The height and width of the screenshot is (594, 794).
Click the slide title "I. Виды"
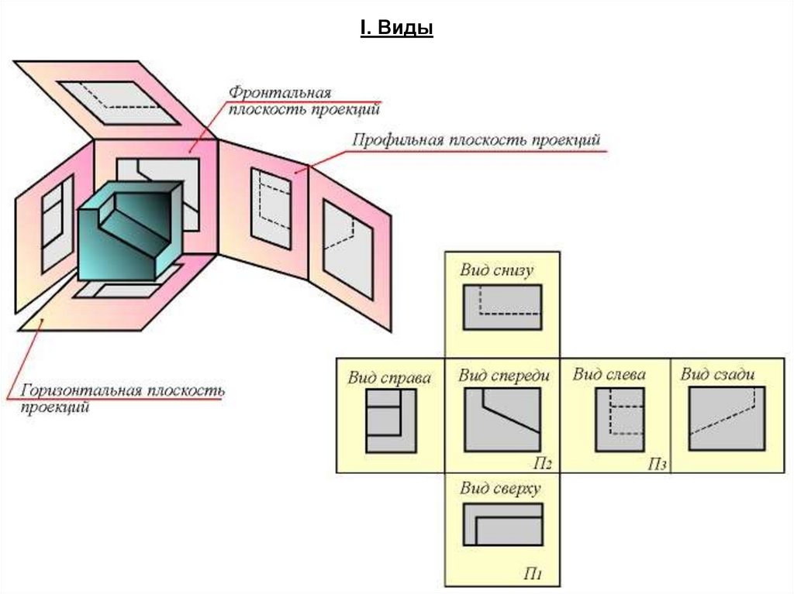[x=396, y=29]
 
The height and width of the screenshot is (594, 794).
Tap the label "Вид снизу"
[x=497, y=270]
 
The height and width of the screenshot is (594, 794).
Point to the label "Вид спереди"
[x=504, y=376]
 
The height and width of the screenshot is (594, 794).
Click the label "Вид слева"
[x=609, y=375]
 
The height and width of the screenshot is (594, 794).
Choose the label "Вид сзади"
[x=717, y=375]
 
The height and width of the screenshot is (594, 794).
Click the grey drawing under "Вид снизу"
[x=502, y=308]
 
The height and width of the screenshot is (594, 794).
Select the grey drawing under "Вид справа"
[x=390, y=421]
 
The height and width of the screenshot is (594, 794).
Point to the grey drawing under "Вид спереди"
[x=502, y=420]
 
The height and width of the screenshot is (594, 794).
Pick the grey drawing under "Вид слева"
[x=620, y=419]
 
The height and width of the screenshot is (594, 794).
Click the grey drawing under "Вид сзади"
[x=727, y=418]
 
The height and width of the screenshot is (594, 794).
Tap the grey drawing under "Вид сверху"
[x=502, y=526]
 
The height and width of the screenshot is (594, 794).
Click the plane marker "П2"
[x=542, y=464]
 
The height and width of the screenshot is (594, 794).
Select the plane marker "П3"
[x=658, y=464]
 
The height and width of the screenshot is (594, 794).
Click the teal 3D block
[x=129, y=232]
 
